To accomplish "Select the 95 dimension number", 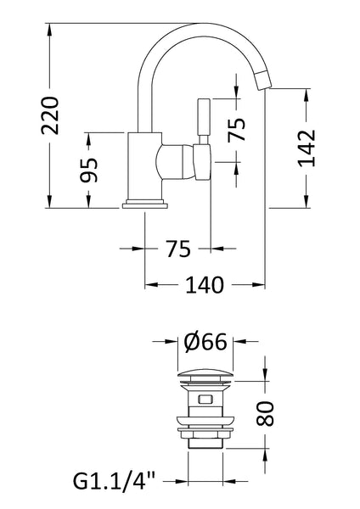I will click(90, 170).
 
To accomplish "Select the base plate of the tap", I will click(145, 203).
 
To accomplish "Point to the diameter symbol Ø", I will click(193, 343).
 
